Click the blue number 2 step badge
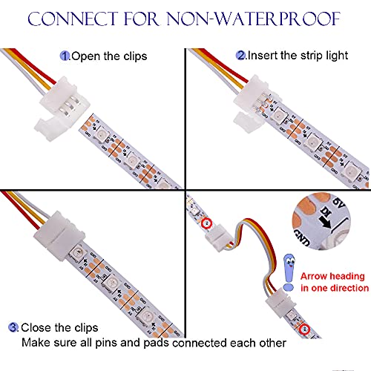click(x=240, y=55)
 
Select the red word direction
click(x=347, y=288)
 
